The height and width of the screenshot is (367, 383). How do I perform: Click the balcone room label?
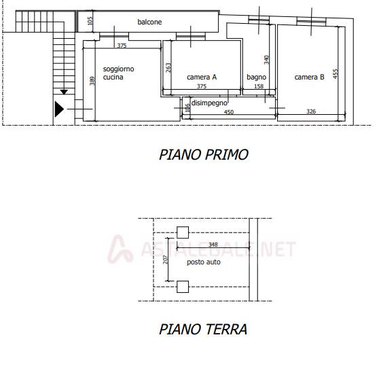[x=149, y=22]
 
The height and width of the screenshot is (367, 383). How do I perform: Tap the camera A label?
[x=202, y=77]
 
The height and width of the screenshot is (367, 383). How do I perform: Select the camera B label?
[x=309, y=77]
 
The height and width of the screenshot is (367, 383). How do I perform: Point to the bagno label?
[x=256, y=77]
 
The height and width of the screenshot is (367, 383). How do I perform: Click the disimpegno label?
[x=209, y=103]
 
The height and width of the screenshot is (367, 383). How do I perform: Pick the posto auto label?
[x=204, y=262]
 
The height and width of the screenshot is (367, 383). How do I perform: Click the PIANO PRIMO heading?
[x=204, y=154]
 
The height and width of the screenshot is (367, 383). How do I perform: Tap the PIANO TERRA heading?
[x=203, y=329]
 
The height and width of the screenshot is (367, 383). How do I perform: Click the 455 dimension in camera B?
[x=335, y=73]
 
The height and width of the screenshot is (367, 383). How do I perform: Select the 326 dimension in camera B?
[x=311, y=111]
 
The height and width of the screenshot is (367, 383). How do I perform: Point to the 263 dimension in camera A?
[x=168, y=68]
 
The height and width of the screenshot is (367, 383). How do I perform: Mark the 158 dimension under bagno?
[x=259, y=86]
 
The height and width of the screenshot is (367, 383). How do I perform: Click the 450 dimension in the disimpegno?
[x=229, y=112]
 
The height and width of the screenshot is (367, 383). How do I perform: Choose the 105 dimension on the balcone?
[x=90, y=21]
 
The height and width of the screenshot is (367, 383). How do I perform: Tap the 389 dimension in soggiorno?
[x=92, y=81]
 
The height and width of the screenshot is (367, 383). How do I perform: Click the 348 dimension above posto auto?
[x=213, y=245]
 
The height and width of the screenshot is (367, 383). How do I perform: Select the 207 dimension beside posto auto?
[x=166, y=260]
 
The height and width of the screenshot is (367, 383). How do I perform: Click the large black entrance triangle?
[x=59, y=109]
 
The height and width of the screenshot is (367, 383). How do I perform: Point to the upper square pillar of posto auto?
[x=183, y=232]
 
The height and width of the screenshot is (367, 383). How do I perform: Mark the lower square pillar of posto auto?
[x=183, y=287]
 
